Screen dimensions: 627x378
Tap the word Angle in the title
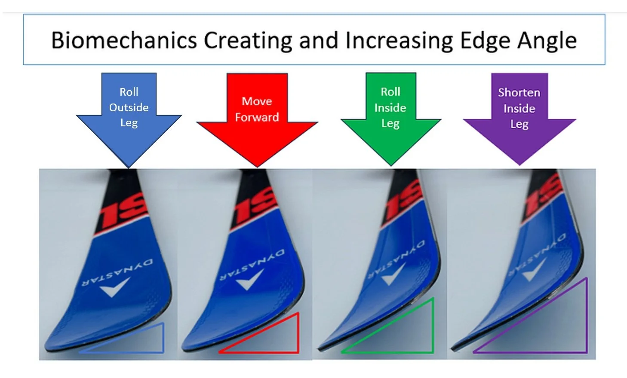pos(547,41)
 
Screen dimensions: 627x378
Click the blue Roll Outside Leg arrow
pos(129,129)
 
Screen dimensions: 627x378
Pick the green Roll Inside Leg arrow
pos(390,129)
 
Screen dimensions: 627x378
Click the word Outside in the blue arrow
pos(129,107)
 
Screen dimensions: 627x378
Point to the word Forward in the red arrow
pos(257,117)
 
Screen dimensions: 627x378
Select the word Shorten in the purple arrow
pos(519,92)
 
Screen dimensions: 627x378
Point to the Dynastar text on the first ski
pos(117,272)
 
